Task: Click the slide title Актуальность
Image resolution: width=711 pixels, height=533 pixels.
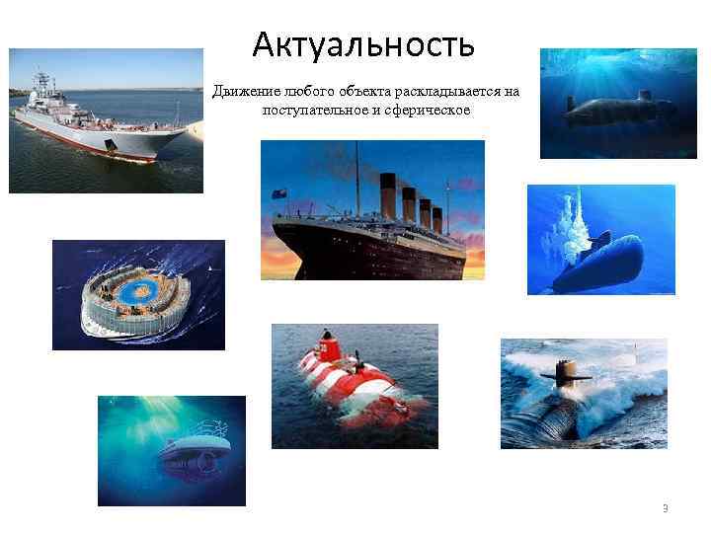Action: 363,43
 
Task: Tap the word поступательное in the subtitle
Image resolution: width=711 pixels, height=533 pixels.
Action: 310,110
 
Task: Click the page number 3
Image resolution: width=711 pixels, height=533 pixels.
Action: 665,508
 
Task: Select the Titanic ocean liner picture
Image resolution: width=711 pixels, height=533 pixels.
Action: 372,210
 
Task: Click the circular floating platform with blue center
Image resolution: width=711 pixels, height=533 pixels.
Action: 138,295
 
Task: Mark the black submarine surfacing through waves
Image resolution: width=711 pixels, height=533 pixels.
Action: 583,394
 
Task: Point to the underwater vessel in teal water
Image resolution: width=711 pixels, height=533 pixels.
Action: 171,450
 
